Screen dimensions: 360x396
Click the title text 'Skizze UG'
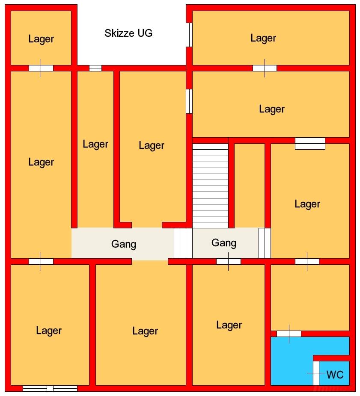(x=128, y=33)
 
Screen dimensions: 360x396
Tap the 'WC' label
(x=335, y=375)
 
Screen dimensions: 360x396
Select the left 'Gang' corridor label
(x=124, y=244)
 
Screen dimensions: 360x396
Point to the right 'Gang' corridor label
(x=224, y=243)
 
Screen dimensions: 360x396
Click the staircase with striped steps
(x=210, y=186)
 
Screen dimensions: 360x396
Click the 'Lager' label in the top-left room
(x=41, y=39)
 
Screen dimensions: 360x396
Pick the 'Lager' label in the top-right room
(x=263, y=38)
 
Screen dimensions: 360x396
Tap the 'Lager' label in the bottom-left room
(x=49, y=331)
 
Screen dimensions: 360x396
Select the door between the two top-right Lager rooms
(x=265, y=68)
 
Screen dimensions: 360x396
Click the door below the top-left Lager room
(x=41, y=68)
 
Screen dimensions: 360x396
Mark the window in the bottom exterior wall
(x=50, y=388)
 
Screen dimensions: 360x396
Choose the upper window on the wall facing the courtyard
(x=189, y=35)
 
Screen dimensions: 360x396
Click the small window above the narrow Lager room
(x=95, y=68)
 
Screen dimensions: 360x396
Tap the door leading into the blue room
(x=289, y=334)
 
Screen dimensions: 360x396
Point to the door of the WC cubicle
(x=316, y=373)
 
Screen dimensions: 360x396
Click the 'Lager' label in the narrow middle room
(x=95, y=145)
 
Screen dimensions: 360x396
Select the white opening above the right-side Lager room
(x=310, y=143)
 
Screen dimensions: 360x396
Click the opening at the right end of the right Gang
(x=265, y=243)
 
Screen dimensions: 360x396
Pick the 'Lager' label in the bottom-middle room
(x=145, y=331)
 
